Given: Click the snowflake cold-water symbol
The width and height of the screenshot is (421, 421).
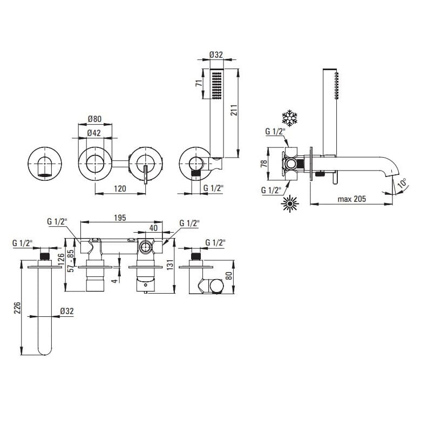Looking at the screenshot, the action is tap(289, 118).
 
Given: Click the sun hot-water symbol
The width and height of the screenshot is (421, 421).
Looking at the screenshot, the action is tap(290, 204).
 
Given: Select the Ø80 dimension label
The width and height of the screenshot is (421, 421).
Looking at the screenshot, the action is tap(95, 118).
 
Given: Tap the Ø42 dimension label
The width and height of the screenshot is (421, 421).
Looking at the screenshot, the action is tap(94, 133).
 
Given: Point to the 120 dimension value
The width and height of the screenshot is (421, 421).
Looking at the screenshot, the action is tap(120, 188).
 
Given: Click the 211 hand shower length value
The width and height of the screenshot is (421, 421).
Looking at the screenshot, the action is tap(234, 110).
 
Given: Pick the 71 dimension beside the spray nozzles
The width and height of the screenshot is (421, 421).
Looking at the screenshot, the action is tap(199, 83).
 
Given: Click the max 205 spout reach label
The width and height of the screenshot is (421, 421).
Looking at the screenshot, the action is tap(352, 199).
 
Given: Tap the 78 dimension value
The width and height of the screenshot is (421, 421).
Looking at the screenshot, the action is tap(263, 164).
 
